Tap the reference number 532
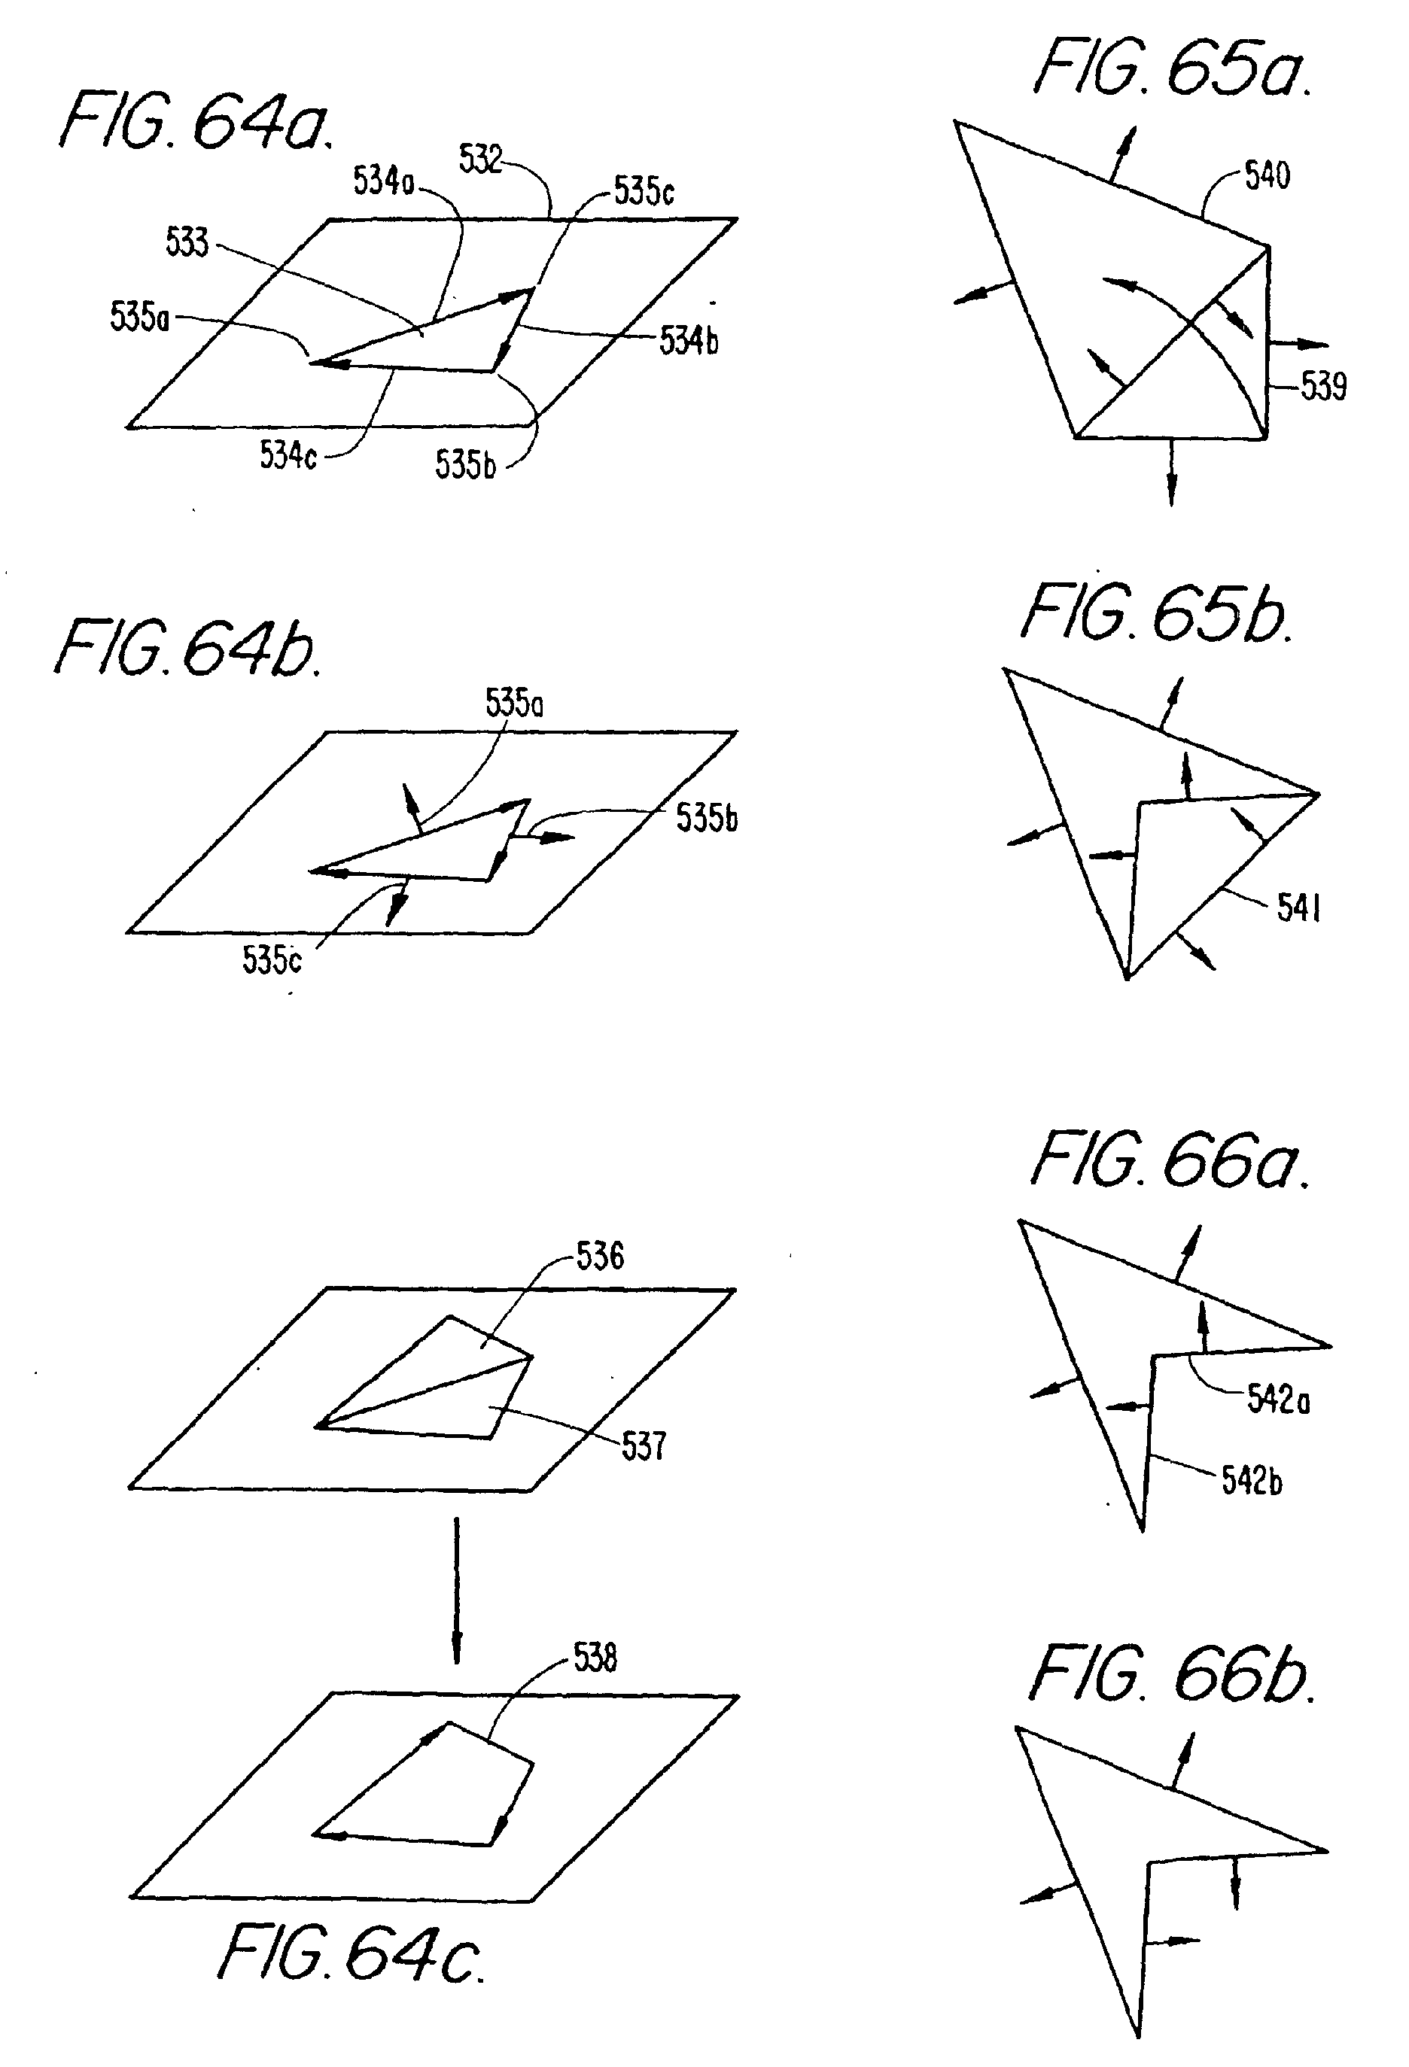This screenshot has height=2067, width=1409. (480, 160)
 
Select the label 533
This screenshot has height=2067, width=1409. (187, 242)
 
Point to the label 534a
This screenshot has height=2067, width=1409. (383, 181)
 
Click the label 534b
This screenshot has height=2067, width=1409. (689, 340)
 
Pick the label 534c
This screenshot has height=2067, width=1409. (288, 455)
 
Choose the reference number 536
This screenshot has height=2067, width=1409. (600, 1256)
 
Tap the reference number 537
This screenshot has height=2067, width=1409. (643, 1445)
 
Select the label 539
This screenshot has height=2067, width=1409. (1322, 386)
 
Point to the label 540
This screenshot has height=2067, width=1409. (1267, 175)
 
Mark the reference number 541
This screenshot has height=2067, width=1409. (1298, 907)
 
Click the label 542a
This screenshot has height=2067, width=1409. (1277, 1399)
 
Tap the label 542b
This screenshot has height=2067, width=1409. (1252, 1481)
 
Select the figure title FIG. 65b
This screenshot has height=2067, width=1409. (1155, 614)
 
